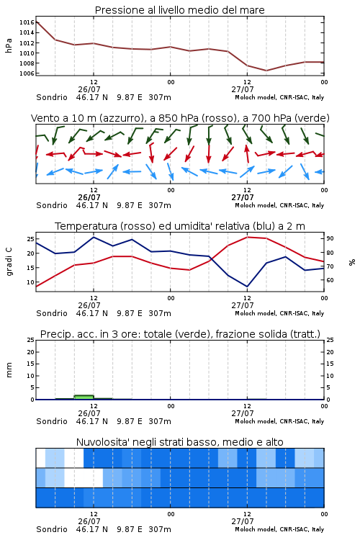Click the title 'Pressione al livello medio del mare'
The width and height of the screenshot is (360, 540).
coord(179,10)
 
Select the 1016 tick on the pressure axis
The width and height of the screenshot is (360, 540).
coord(27,22)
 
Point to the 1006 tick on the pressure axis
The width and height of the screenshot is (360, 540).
coord(27,73)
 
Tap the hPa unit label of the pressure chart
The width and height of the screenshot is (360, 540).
coord(9,45)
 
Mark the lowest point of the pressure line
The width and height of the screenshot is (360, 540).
coord(266,71)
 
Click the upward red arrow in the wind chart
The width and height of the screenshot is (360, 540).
coord(247,153)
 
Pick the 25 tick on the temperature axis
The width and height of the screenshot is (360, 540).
coord(30,238)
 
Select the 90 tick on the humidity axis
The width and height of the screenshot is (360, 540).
coord(330,238)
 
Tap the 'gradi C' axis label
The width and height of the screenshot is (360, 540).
coord(9,261)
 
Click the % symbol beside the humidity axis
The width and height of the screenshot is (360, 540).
coord(352,262)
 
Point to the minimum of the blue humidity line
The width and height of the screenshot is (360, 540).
coord(247,286)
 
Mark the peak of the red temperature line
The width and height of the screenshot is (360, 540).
coord(248,237)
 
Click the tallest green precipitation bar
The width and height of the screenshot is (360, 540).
coord(84,397)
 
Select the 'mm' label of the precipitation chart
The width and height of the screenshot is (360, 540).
coord(9,370)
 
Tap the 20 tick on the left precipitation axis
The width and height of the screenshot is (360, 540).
coord(30,352)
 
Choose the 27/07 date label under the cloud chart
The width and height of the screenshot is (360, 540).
coord(243,521)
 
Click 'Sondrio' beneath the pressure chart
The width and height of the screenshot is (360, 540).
coord(52,97)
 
